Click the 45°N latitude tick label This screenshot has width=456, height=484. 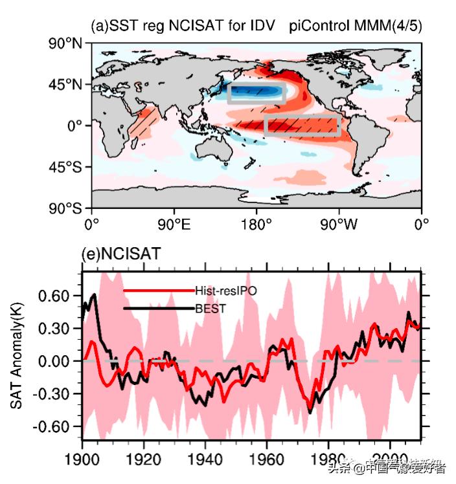pyautogui.click(x=68, y=85)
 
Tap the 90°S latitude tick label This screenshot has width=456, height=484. pyautogui.click(x=68, y=208)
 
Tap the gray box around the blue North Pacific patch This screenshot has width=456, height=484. pyautogui.click(x=256, y=93)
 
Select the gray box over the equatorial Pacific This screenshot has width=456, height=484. pyautogui.click(x=302, y=126)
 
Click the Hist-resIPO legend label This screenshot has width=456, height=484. pyautogui.click(x=225, y=291)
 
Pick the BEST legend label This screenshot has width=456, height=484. pyautogui.click(x=210, y=309)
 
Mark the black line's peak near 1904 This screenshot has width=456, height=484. pyautogui.click(x=95, y=295)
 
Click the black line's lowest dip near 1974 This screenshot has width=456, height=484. pyautogui.click(x=310, y=412)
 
